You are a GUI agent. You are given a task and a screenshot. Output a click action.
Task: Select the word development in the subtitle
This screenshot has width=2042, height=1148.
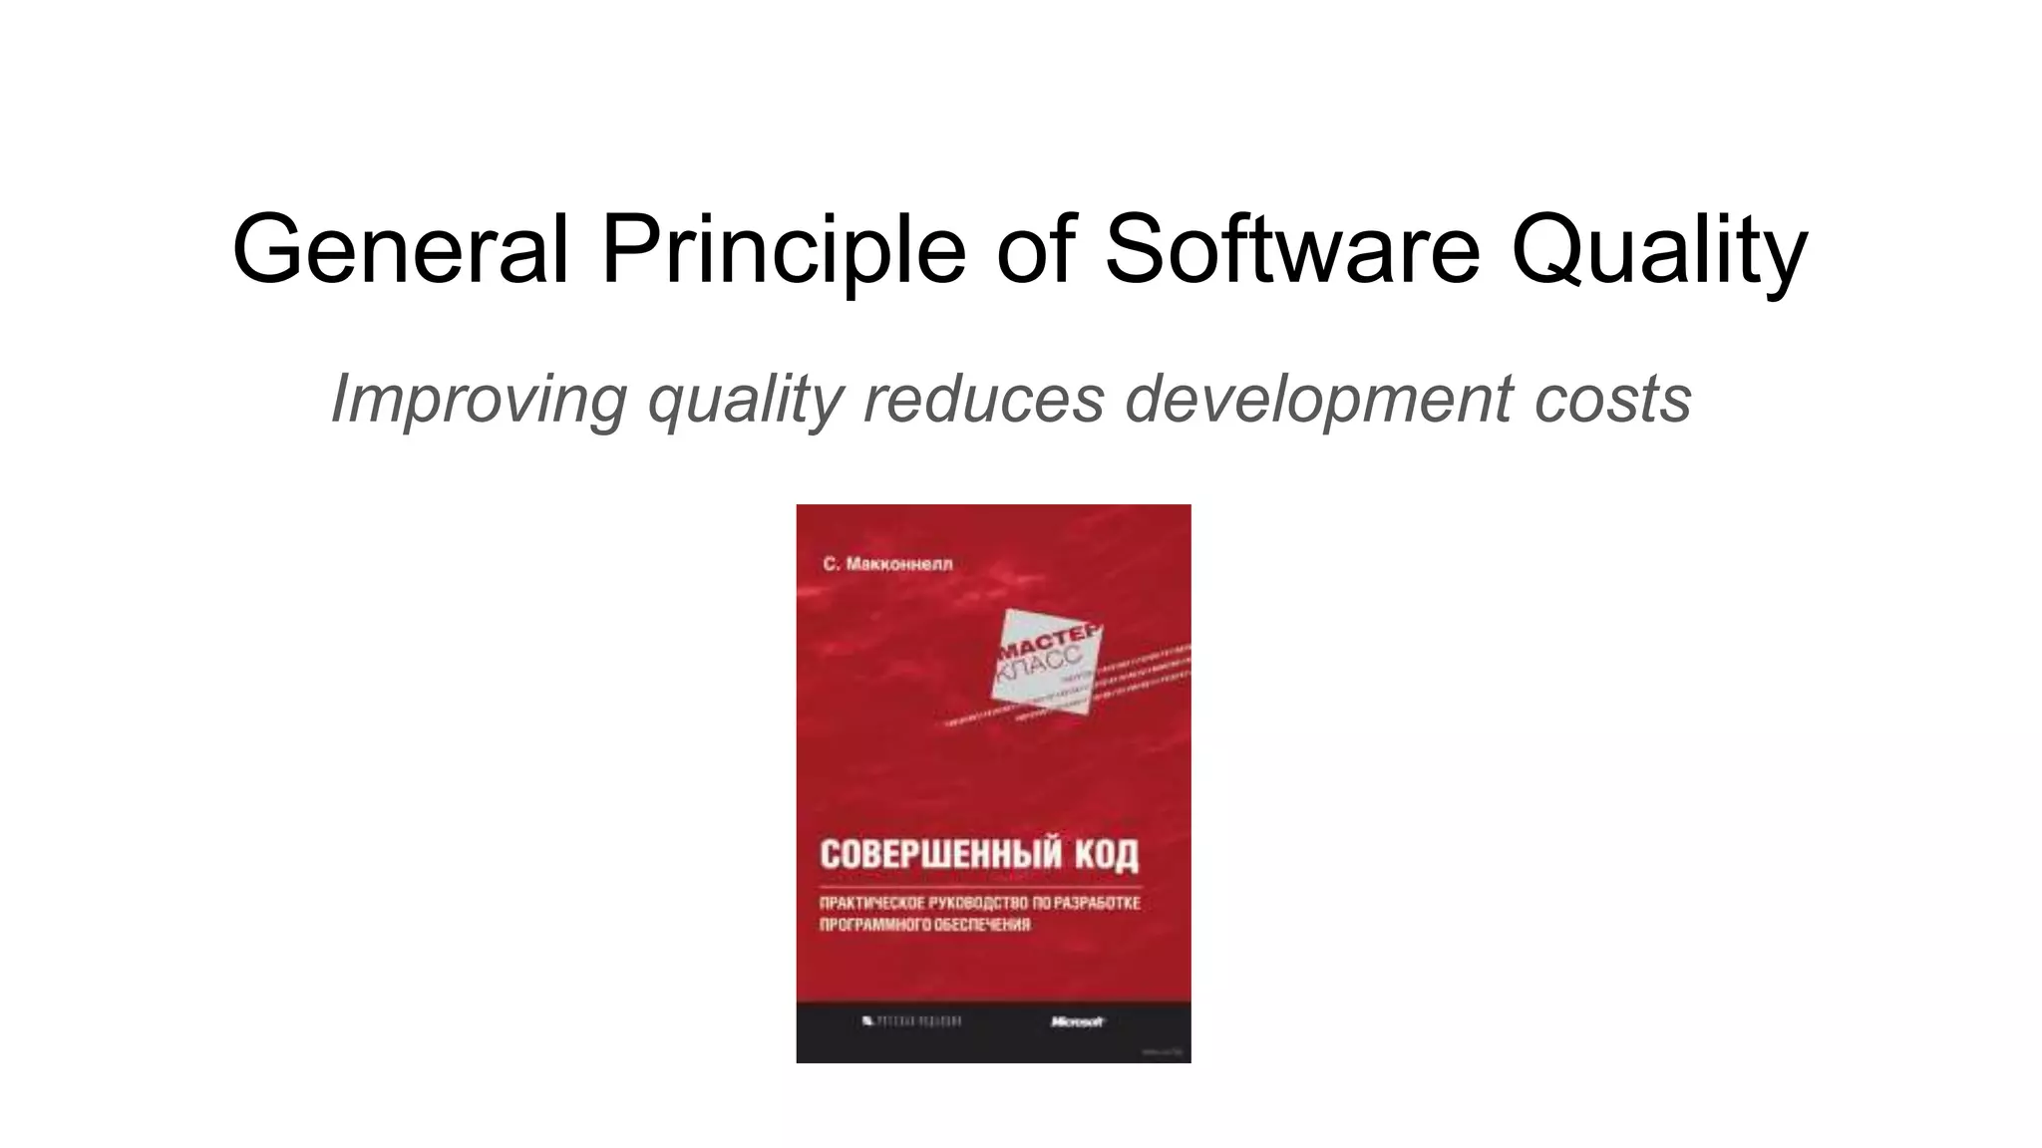click(1318, 400)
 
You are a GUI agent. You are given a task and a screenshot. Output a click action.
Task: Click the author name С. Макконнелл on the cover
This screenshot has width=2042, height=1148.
click(887, 564)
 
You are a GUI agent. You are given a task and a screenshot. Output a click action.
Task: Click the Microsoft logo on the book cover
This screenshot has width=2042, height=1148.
click(1077, 1021)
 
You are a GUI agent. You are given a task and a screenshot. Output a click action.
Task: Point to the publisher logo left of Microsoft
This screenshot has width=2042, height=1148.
click(911, 1021)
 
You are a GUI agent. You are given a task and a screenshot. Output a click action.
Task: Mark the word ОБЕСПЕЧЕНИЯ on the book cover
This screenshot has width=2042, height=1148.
click(982, 925)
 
